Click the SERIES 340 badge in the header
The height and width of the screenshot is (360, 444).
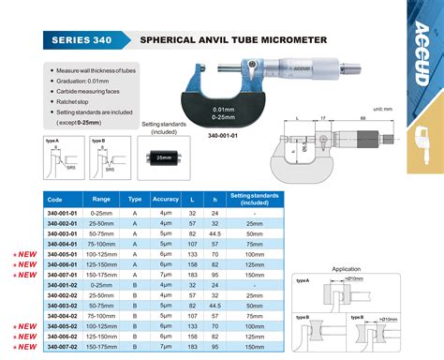coord(83,40)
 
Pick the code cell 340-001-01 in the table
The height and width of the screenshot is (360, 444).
coord(67,215)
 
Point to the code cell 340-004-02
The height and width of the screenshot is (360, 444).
coord(67,315)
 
